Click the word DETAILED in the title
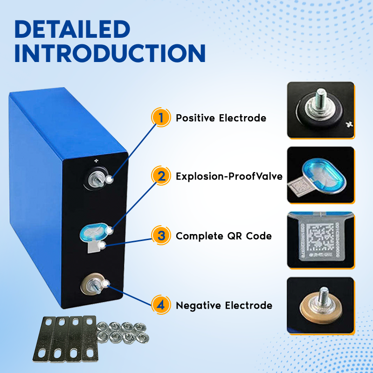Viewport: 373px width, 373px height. [72, 29]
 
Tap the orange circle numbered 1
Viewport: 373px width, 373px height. [161, 117]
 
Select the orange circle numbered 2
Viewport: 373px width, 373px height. [161, 176]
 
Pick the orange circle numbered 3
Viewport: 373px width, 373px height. [161, 235]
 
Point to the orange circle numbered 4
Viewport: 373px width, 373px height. [161, 305]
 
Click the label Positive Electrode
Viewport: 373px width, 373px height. [221, 118]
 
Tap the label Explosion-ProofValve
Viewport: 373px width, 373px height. [229, 177]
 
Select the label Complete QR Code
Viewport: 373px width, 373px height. [223, 236]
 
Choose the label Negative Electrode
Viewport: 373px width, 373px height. [224, 306]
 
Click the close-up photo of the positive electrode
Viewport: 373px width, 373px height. [320, 110]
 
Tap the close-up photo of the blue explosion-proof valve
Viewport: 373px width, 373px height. [320, 175]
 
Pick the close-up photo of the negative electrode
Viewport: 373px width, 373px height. [320, 305]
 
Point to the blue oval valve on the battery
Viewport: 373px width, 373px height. [93, 231]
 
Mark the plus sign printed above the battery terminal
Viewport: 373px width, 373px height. [97, 161]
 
